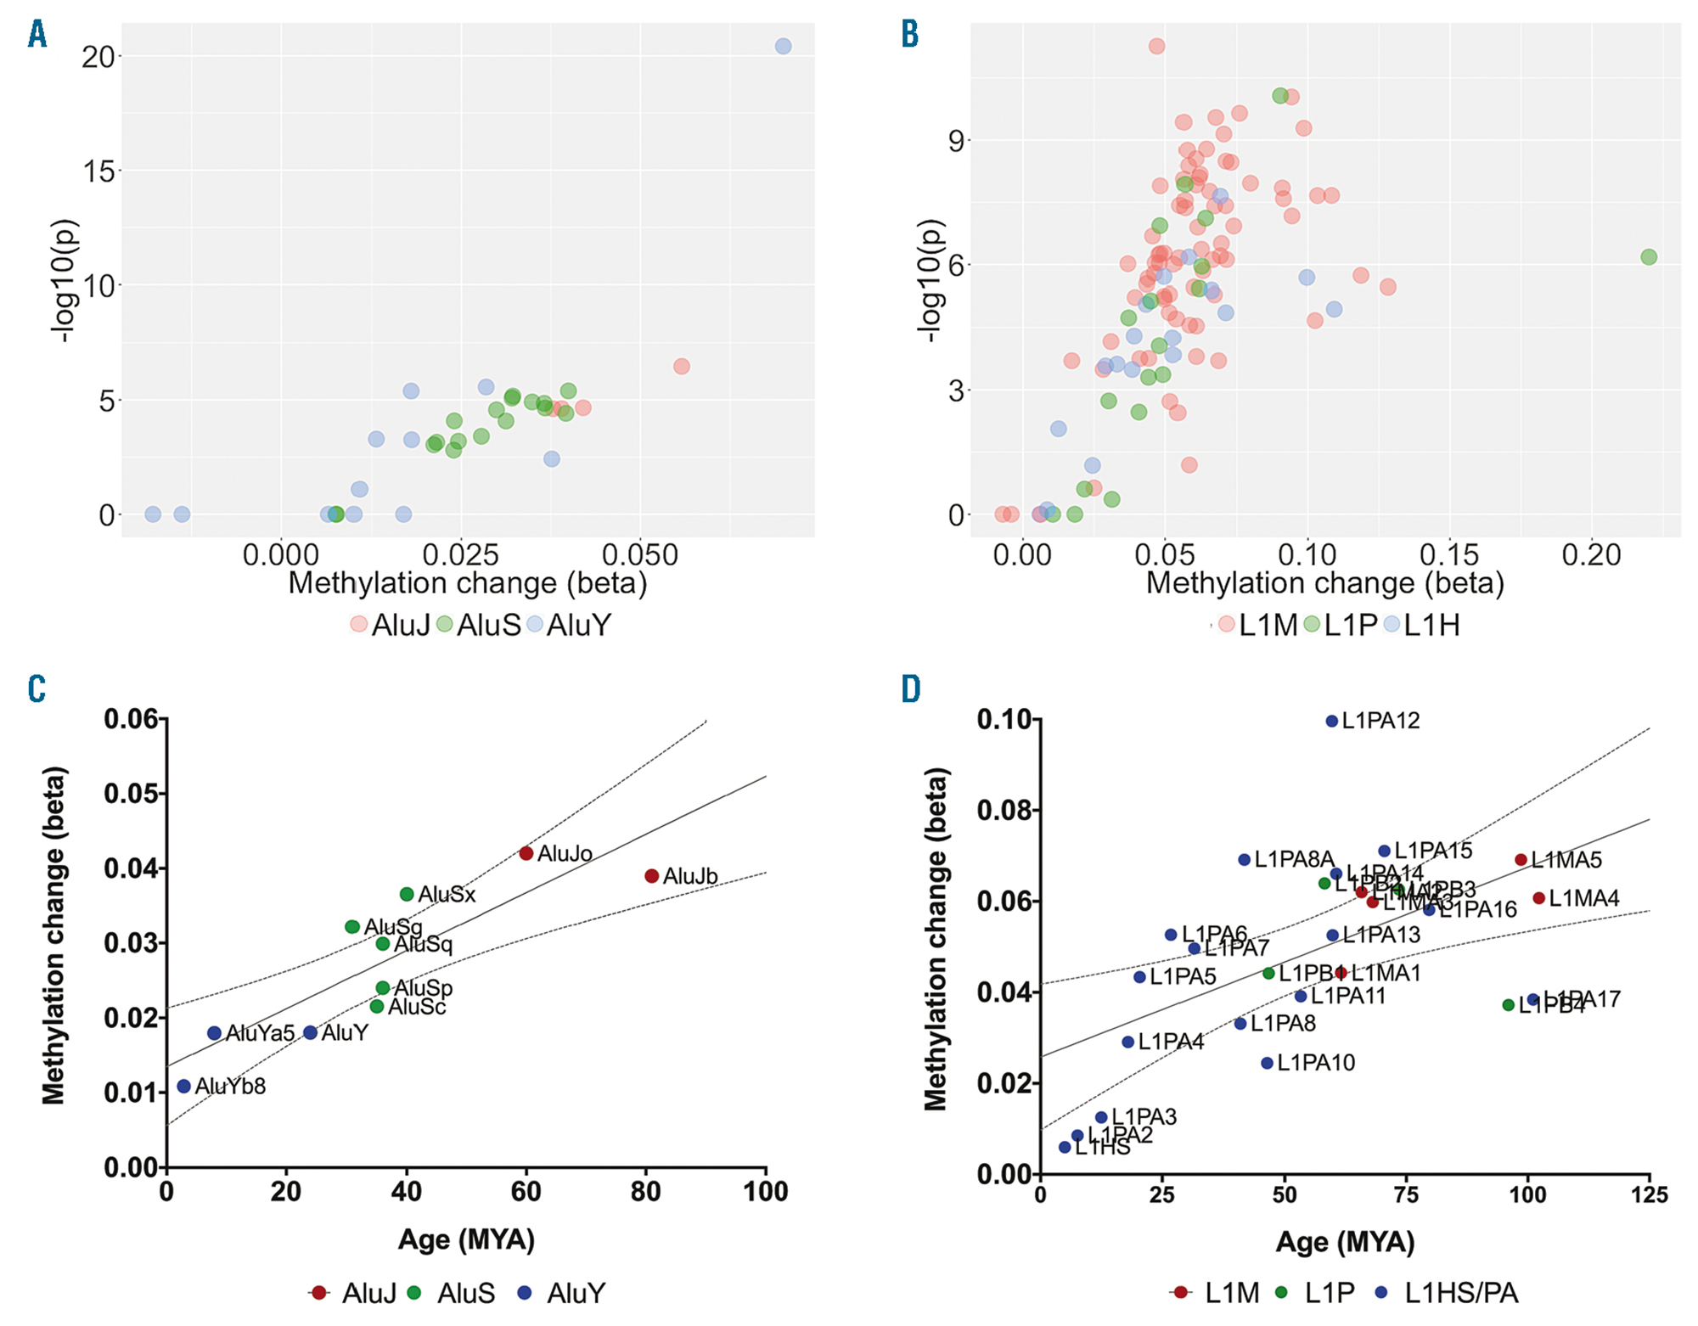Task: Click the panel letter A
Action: click(37, 35)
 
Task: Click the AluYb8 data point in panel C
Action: click(184, 1086)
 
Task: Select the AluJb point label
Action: click(689, 876)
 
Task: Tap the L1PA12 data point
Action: click(1332, 721)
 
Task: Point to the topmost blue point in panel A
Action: click(783, 46)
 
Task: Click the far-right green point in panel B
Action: click(1648, 257)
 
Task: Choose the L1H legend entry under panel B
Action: click(1431, 625)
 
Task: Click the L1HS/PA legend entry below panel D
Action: click(1460, 1293)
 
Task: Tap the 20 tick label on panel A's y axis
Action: click(98, 57)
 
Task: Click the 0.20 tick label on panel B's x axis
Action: click(1591, 555)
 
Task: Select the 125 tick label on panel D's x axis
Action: click(1649, 1195)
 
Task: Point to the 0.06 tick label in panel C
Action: click(131, 719)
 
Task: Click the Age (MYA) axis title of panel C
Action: click(466, 1239)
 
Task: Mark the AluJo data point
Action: click(526, 853)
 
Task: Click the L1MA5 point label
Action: click(1566, 860)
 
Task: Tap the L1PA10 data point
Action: click(1268, 1063)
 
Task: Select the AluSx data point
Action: click(407, 894)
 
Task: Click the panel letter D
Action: click(911, 689)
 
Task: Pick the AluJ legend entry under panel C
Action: click(368, 1293)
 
